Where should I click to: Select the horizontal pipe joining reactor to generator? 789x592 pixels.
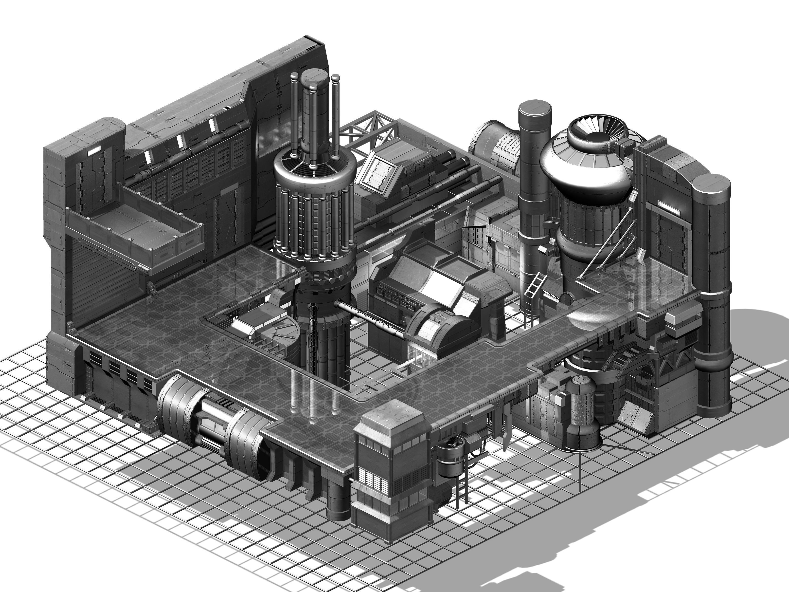coord(371,318)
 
